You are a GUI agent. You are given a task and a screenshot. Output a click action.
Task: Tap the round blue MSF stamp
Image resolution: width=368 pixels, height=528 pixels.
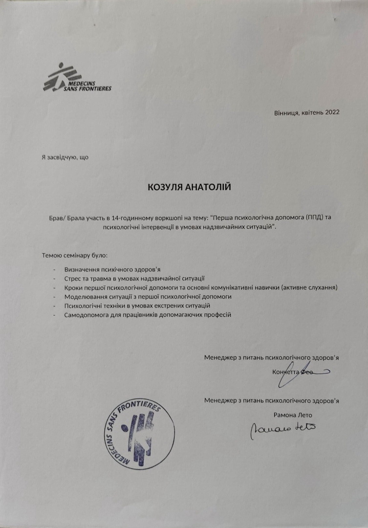(138, 430)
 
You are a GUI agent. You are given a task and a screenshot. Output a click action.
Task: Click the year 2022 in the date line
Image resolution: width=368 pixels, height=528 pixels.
(329, 112)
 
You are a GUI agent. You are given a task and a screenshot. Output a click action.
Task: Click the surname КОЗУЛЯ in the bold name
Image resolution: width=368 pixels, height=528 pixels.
(167, 187)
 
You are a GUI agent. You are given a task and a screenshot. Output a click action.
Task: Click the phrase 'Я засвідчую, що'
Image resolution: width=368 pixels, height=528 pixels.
(65, 157)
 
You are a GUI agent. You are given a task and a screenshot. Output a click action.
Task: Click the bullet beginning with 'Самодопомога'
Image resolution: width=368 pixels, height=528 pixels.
(147, 314)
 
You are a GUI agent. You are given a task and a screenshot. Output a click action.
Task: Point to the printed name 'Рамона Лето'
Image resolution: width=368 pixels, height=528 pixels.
(293, 415)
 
